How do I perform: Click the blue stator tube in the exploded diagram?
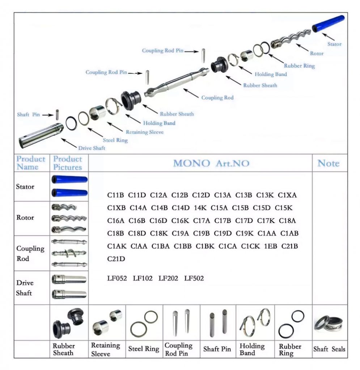click(x=328, y=23)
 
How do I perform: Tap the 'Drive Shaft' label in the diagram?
click(x=92, y=148)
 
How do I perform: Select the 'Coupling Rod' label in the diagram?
click(x=217, y=98)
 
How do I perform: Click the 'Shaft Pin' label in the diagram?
click(x=28, y=115)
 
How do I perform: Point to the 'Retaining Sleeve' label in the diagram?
click(x=144, y=132)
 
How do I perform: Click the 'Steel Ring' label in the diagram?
click(x=115, y=140)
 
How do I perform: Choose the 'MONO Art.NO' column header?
click(x=211, y=163)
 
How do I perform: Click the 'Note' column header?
click(x=328, y=163)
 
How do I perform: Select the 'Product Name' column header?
click(x=31, y=163)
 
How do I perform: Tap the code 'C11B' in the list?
click(x=116, y=195)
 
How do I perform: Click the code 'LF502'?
click(x=194, y=279)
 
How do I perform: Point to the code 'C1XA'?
click(x=287, y=195)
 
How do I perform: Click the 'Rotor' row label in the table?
click(x=25, y=218)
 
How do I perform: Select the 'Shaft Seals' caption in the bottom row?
click(x=329, y=349)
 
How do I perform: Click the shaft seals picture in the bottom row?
click(x=329, y=323)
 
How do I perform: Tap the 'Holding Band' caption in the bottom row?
click(x=252, y=349)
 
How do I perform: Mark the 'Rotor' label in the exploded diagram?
click(x=317, y=53)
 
